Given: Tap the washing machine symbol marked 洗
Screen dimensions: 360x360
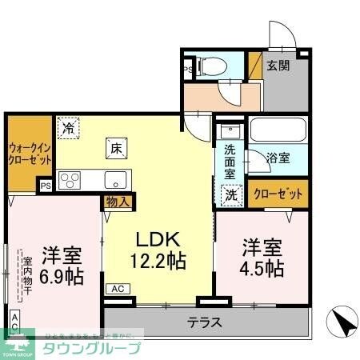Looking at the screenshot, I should pyautogui.click(x=230, y=194).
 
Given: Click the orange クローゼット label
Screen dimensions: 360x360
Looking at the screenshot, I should pyautogui.click(x=278, y=194).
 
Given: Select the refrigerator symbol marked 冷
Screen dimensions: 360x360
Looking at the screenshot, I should pyautogui.click(x=69, y=127).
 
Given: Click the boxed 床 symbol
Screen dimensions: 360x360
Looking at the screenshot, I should pyautogui.click(x=116, y=147).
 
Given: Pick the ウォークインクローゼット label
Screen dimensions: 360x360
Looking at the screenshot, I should pyautogui.click(x=30, y=154).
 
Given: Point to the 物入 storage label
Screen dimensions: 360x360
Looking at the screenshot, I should pyautogui.click(x=118, y=202).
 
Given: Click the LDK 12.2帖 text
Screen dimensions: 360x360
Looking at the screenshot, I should pyautogui.click(x=158, y=250).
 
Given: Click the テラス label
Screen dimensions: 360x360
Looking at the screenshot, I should pyautogui.click(x=205, y=324).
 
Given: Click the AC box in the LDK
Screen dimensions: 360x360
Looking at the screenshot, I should pyautogui.click(x=118, y=288).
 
